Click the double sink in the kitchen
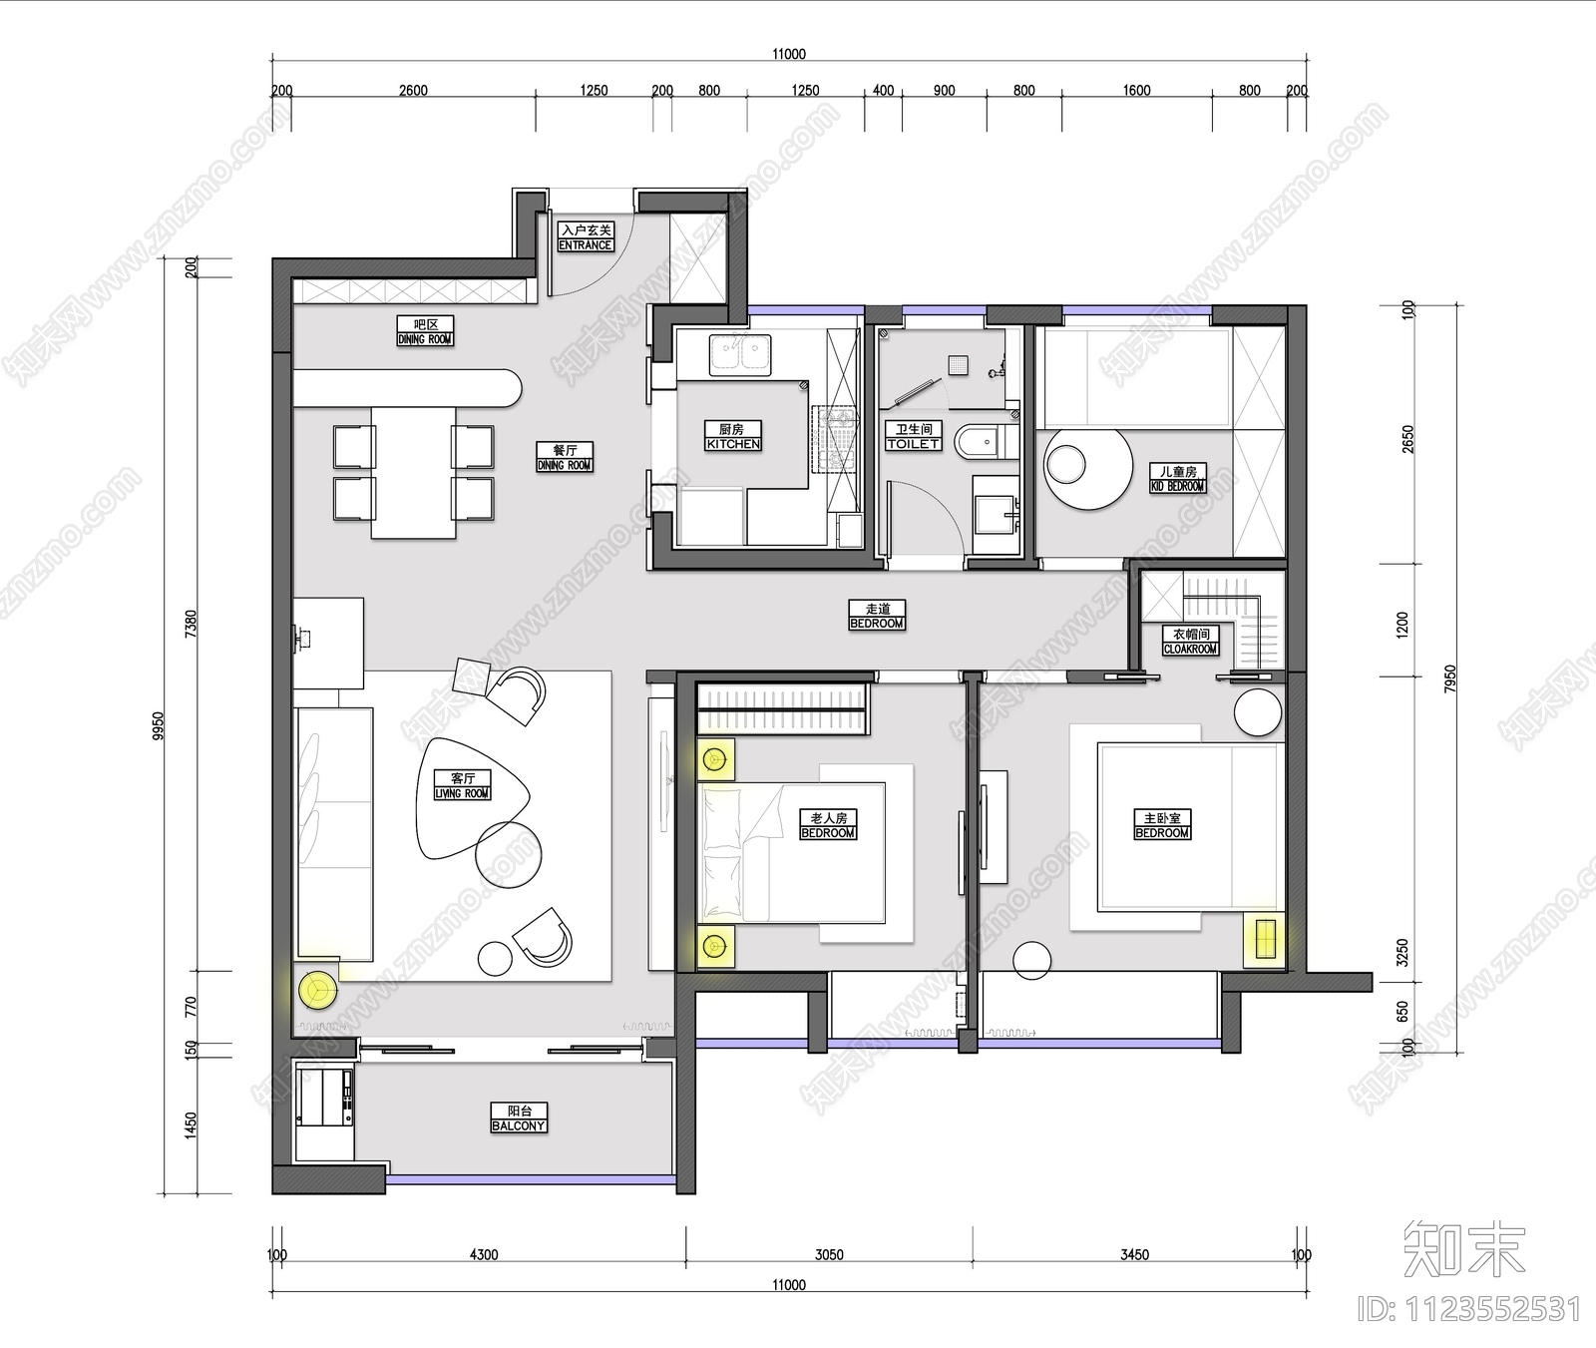[x=740, y=353]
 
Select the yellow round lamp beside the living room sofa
[x=318, y=990]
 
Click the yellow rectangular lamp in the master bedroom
[x=1265, y=940]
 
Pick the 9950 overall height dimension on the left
[x=159, y=726]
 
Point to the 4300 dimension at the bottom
[x=484, y=1255]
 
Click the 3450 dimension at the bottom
[x=1134, y=1255]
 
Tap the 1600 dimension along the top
[x=1136, y=91]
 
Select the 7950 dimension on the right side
[x=1450, y=678]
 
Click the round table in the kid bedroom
[x=1088, y=469]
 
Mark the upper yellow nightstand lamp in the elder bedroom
[x=714, y=760]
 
